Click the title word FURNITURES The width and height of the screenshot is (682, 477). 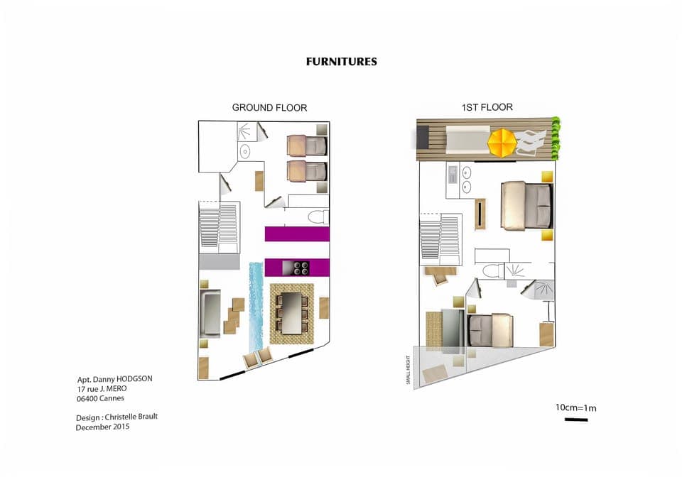341,62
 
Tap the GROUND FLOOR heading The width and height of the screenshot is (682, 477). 269,108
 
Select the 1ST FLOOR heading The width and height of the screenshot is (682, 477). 487,108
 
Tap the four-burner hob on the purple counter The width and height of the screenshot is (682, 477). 296,268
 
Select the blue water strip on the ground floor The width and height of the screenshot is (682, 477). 256,305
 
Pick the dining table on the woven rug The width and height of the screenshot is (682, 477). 291,312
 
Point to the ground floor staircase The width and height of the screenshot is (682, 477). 219,226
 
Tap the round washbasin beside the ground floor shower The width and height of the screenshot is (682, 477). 245,151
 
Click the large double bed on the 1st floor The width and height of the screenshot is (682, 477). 526,206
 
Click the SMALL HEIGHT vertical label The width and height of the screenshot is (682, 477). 408,369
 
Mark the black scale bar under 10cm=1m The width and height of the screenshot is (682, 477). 575,420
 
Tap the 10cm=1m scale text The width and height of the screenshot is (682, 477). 575,407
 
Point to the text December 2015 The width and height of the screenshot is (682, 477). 102,427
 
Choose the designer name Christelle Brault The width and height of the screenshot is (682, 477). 131,417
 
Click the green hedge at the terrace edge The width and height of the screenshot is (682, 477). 556,138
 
